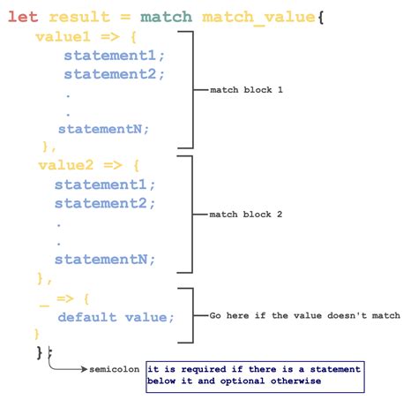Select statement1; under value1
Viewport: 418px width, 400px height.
coord(114,56)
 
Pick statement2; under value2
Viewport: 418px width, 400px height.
coord(104,203)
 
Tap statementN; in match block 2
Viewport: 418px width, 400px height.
coord(104,260)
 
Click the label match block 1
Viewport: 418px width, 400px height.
coord(246,91)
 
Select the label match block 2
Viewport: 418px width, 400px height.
coord(246,215)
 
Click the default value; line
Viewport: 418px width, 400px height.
coord(116,318)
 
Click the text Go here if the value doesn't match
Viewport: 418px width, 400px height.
coord(304,315)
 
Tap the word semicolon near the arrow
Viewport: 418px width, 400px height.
coord(116,369)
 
